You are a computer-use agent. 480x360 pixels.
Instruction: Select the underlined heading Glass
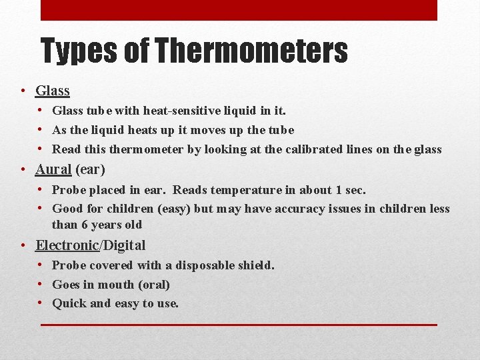(x=53, y=91)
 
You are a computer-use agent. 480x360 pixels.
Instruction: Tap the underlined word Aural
(x=53, y=169)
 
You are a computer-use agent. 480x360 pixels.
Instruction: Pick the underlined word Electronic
(x=67, y=245)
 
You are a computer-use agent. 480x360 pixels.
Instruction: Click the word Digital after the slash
(x=124, y=245)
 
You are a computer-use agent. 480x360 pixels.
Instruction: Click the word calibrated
(x=315, y=149)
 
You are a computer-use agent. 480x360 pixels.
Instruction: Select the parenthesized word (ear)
(x=90, y=169)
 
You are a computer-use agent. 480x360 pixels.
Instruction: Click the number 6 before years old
(x=88, y=225)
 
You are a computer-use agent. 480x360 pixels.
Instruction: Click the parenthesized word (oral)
(x=154, y=285)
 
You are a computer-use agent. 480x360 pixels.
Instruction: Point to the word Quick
(x=69, y=303)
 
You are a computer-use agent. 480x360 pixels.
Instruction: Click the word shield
(x=256, y=265)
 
